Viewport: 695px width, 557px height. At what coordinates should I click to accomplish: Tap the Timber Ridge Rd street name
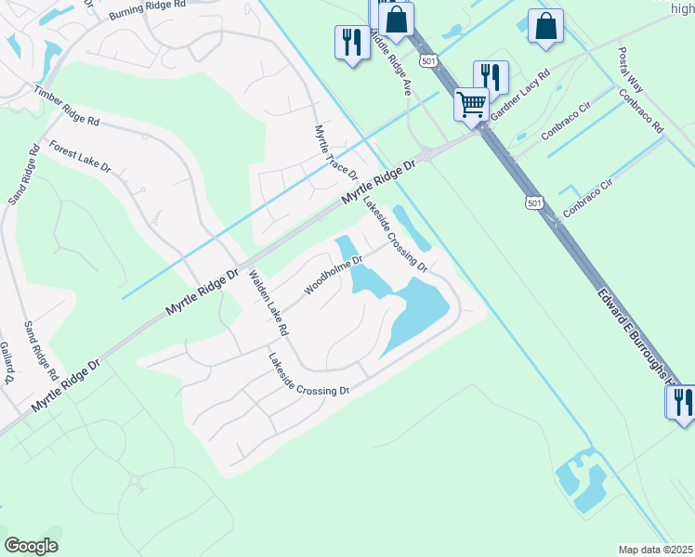click(x=66, y=107)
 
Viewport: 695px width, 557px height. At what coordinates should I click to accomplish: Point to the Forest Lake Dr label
click(x=80, y=157)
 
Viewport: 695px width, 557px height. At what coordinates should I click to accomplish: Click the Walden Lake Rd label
click(x=269, y=303)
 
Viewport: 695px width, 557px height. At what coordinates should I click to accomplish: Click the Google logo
click(x=31, y=545)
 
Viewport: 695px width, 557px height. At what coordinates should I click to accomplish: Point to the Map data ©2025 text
click(x=655, y=550)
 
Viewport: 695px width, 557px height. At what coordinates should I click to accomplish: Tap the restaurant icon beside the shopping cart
click(x=491, y=77)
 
